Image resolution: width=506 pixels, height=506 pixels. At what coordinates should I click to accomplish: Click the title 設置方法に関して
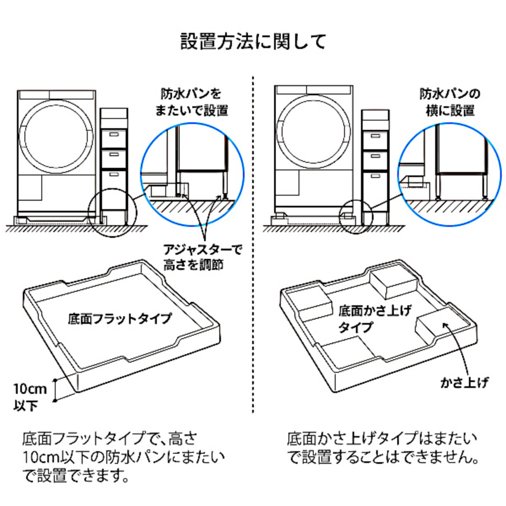[x=253, y=41]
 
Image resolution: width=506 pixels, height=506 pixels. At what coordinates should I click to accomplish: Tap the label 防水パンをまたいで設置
[x=192, y=102]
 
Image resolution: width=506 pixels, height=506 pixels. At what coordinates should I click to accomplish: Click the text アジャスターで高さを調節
[x=203, y=257]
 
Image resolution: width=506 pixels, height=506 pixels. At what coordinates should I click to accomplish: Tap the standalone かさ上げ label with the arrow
[x=464, y=382]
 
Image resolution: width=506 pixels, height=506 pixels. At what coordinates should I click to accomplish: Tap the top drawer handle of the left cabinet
[x=114, y=135]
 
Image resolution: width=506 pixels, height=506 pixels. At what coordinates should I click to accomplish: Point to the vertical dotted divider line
[x=253, y=245]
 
